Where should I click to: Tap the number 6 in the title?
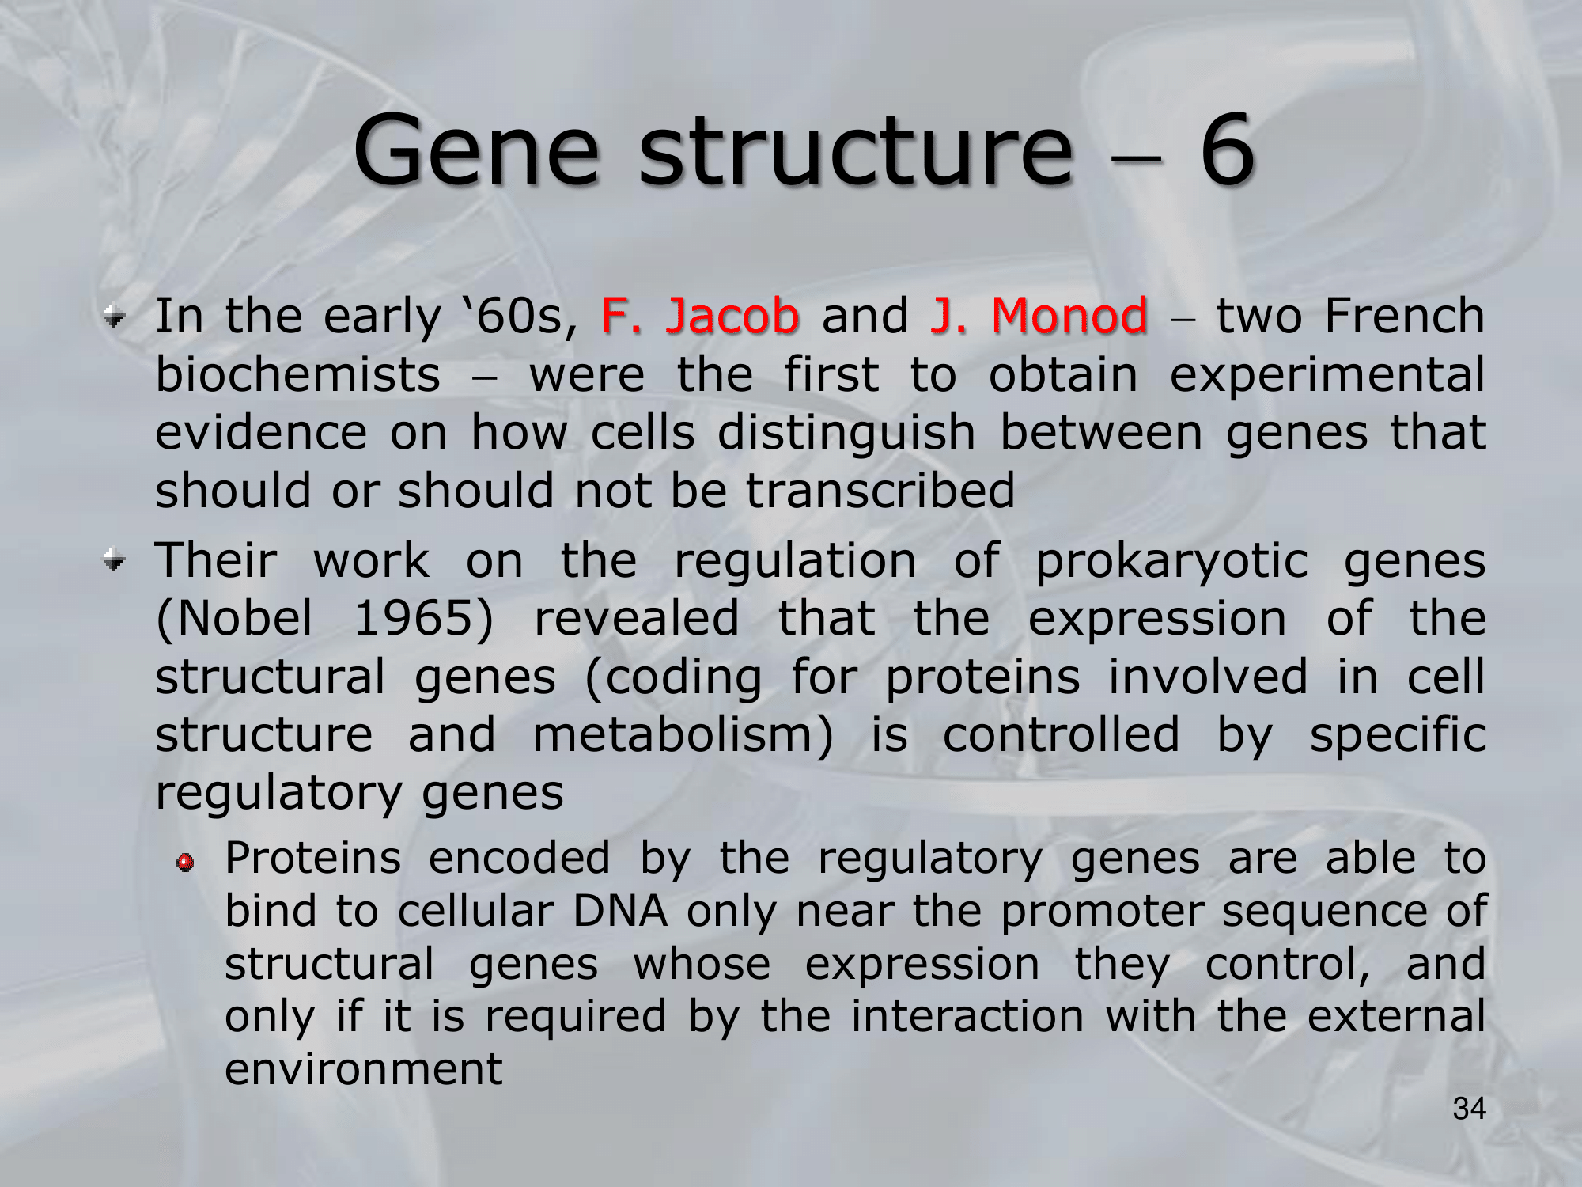[1227, 150]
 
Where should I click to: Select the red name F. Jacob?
[700, 315]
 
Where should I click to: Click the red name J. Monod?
[1039, 315]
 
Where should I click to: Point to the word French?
[1405, 315]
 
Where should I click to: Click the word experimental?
[1327, 375]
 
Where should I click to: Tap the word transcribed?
[880, 490]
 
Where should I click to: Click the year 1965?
[423, 619]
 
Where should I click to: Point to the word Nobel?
[234, 619]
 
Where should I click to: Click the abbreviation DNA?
[620, 911]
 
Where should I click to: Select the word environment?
[364, 1069]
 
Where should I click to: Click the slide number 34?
[1469, 1109]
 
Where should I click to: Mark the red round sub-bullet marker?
[185, 863]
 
